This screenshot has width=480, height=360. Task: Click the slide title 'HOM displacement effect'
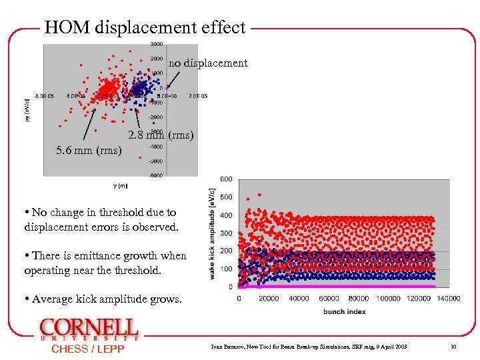(145, 28)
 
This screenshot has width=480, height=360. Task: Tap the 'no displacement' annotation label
(207, 63)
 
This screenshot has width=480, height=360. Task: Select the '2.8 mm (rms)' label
(161, 136)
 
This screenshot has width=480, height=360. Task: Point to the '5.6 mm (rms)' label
(89, 151)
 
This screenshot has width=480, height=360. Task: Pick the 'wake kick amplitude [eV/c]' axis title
(213, 233)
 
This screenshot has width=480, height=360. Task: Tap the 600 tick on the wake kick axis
(226, 179)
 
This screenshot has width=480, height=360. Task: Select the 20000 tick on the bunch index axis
(268, 298)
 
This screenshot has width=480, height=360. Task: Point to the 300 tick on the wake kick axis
(226, 233)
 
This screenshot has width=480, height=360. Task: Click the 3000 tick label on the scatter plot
(155, 44)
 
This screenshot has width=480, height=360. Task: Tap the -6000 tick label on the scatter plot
(155, 175)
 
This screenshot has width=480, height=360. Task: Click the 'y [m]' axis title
(121, 185)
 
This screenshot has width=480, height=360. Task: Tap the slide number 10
(453, 347)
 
